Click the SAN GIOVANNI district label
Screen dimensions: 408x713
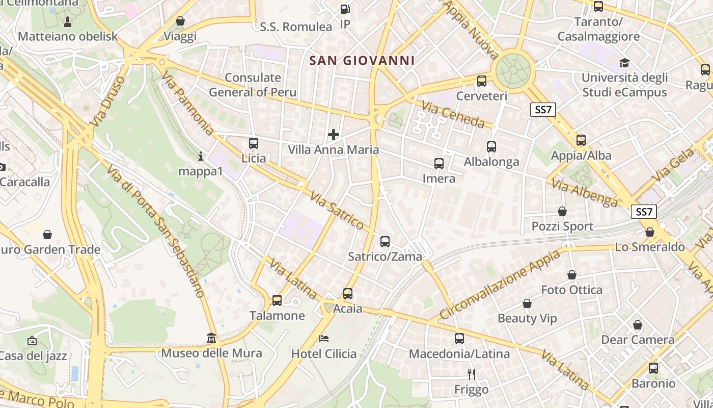pos(362,61)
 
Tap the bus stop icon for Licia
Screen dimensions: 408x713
pos(254,143)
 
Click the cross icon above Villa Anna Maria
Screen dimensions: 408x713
pos(334,135)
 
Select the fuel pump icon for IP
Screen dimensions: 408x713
pos(345,9)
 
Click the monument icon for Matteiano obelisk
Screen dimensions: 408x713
pos(68,21)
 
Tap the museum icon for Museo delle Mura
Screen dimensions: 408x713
pos(211,338)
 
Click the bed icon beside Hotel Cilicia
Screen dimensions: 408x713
pos(324,339)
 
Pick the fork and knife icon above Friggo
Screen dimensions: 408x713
pos(472,374)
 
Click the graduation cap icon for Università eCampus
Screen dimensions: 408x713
pos(624,63)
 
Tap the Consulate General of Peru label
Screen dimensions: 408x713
pos(253,85)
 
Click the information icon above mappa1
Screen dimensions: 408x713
pos(201,156)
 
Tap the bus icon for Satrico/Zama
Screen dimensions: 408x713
pos(385,242)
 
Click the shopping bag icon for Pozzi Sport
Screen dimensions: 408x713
pos(562,211)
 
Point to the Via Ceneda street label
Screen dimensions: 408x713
pos(453,114)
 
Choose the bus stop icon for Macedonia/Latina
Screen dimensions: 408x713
pos(459,338)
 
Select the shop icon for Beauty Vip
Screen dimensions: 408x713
pos(527,303)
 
